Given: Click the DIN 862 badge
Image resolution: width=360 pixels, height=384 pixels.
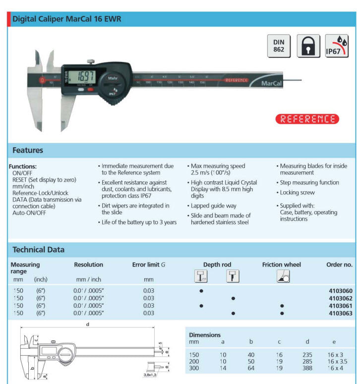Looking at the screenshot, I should point(279,46).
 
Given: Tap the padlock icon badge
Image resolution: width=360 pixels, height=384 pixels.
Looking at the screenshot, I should point(308,46).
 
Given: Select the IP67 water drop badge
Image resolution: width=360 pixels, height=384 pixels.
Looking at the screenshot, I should point(337,46).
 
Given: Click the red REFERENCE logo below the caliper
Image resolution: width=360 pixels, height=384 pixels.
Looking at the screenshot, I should point(307,119).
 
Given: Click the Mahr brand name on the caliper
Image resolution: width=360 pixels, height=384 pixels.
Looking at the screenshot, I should point(112,78).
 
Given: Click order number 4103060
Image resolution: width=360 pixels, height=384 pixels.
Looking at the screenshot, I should point(340,290).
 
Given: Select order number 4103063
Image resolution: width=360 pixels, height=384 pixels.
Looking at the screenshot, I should point(340,313).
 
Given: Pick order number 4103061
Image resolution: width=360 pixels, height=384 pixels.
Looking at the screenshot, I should point(340,306).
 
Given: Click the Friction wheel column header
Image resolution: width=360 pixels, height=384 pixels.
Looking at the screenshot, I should point(281,265).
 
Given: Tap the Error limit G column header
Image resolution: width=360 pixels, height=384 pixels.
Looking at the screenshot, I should point(149,265).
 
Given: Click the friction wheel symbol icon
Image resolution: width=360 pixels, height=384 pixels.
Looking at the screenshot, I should point(283,276).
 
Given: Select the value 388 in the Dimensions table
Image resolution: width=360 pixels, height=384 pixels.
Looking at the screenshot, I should point(307,368).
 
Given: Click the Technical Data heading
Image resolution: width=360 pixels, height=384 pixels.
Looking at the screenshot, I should point(39,250).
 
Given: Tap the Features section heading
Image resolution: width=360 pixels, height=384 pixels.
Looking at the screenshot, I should point(28,150).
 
